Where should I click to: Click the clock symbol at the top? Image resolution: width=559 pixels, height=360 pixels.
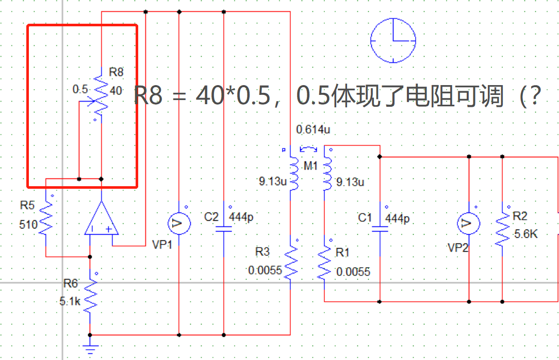pyautogui.click(x=393, y=40)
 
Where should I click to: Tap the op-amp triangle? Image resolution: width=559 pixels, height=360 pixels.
pyautogui.click(x=102, y=220)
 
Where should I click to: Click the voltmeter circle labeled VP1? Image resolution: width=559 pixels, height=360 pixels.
pyautogui.click(x=178, y=223)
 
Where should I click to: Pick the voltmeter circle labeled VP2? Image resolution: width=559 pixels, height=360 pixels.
pyautogui.click(x=469, y=223)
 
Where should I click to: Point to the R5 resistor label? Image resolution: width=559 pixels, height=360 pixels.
pyautogui.click(x=27, y=205)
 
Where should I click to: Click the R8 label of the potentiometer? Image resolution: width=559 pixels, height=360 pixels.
pyautogui.click(x=116, y=72)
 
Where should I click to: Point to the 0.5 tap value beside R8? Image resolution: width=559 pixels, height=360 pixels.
pyautogui.click(x=80, y=89)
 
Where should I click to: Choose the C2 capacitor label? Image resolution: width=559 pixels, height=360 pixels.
pyautogui.click(x=211, y=217)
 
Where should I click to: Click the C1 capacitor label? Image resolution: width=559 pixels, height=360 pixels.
pyautogui.click(x=365, y=218)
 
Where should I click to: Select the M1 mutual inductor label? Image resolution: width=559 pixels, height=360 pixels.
pyautogui.click(x=311, y=166)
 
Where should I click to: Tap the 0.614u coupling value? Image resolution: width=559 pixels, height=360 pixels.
pyautogui.click(x=313, y=130)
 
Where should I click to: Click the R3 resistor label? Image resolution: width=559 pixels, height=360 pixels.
pyautogui.click(x=262, y=252)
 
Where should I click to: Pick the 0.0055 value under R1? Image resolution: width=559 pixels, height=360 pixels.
pyautogui.click(x=353, y=272)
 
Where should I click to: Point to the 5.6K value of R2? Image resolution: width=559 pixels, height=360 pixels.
pyautogui.click(x=526, y=235)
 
